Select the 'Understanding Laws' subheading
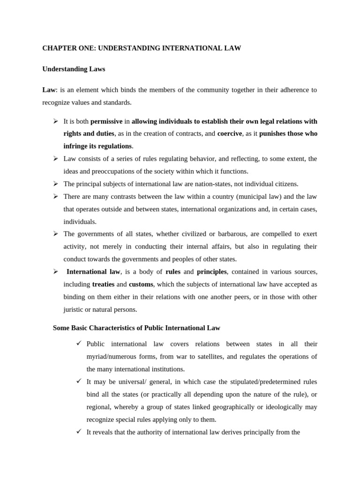(74, 69)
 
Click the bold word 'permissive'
(106, 121)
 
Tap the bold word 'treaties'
(103, 284)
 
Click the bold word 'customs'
(141, 284)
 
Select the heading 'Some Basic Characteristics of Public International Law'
(136, 328)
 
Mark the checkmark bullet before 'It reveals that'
(79, 432)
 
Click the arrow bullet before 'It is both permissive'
(55, 121)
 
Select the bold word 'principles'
(212, 271)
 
